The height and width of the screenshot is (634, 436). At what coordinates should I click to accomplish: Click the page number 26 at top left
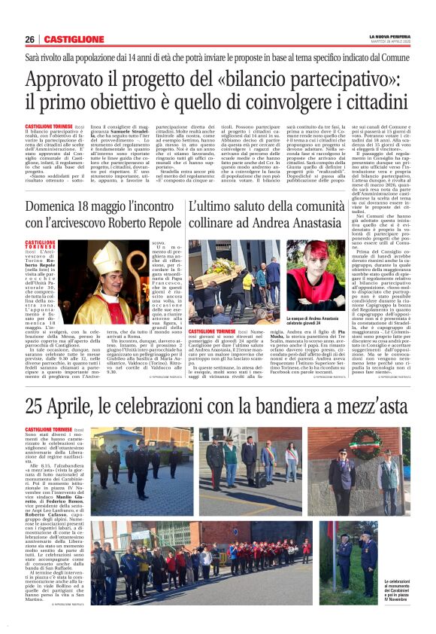[x=30, y=40]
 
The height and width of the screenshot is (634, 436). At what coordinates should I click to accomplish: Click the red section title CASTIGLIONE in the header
[x=74, y=40]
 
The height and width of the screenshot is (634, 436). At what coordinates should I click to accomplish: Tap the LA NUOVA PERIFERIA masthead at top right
[x=388, y=36]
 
